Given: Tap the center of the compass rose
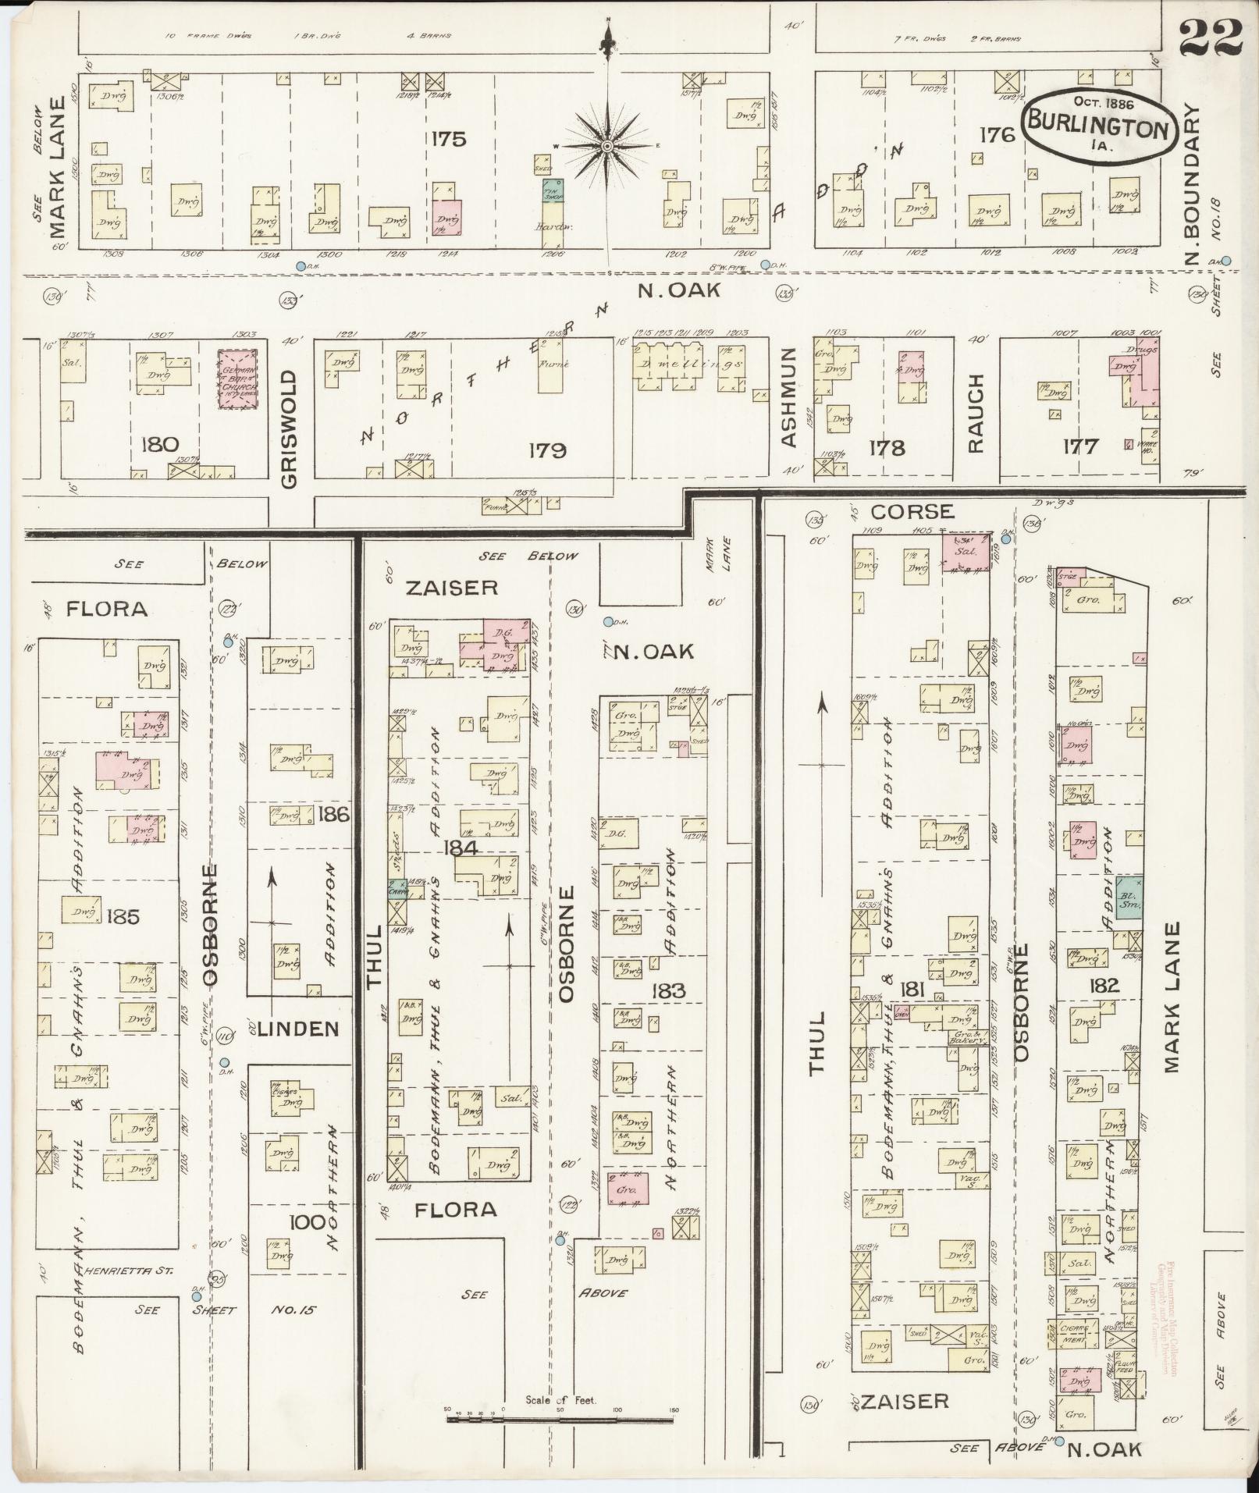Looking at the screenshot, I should pos(607,146).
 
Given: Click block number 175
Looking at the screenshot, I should pos(448,139).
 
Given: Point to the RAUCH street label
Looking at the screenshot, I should pos(976,414).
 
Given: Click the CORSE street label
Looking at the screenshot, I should pos(912,511).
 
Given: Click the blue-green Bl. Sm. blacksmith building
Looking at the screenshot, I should pos(1129,896).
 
